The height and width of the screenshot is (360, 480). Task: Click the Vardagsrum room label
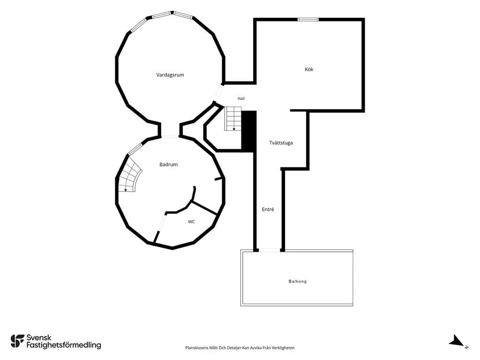click(170, 75)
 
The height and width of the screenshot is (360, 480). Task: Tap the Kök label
click(309, 69)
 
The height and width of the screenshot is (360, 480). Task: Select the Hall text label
click(241, 98)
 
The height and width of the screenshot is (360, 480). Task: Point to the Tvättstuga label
click(281, 142)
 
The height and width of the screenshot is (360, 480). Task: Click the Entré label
click(268, 210)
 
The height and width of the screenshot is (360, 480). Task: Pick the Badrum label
click(168, 165)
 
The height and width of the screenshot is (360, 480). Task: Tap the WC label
click(191, 222)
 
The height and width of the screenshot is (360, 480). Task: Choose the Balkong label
click(298, 281)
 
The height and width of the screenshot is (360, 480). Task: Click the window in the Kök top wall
click(308, 20)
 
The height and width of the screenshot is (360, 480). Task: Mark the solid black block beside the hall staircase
click(249, 131)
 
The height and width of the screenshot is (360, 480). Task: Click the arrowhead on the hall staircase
click(234, 129)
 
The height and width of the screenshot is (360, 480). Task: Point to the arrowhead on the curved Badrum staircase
click(126, 190)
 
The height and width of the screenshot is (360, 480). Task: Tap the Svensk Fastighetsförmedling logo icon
click(17, 341)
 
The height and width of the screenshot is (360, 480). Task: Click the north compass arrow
click(457, 341)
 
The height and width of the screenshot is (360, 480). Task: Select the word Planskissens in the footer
click(196, 348)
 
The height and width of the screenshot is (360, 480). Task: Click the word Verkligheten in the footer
click(284, 348)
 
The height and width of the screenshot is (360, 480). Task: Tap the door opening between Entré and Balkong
click(270, 250)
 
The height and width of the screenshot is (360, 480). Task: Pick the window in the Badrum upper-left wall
click(135, 149)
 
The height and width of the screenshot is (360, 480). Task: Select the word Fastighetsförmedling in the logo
click(64, 345)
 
